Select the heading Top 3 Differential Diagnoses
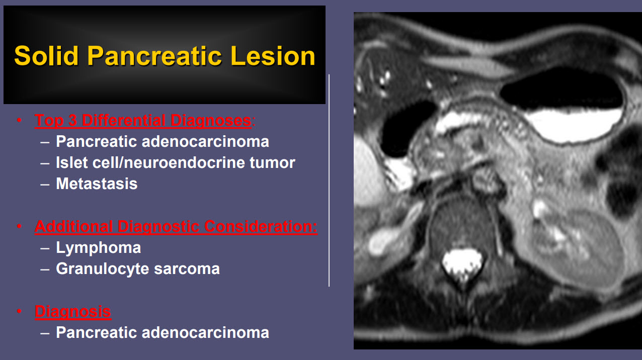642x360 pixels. tap(143, 121)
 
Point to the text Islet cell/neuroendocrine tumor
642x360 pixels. tap(175, 162)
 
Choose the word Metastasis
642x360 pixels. tap(97, 184)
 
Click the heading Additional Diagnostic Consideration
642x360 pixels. tap(176, 227)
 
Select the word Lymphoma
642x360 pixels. tap(98, 247)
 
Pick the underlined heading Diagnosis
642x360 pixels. tap(73, 311)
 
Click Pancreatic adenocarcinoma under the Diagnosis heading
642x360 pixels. tap(162, 332)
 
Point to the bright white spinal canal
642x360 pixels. tap(461, 261)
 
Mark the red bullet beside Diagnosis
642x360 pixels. tap(19, 311)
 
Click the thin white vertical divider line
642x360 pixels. tap(329, 181)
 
